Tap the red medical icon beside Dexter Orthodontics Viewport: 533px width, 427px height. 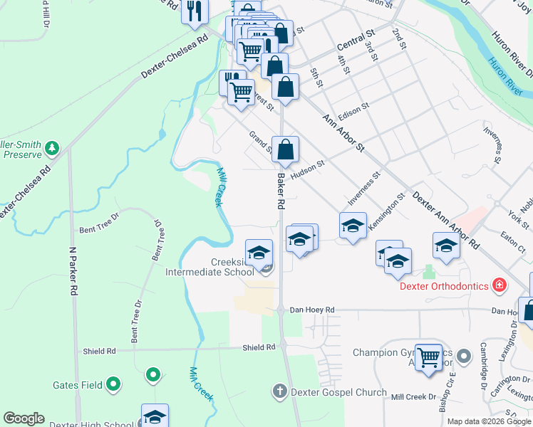500,285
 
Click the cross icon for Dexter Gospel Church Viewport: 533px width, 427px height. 279,391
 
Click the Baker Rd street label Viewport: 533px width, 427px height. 281,193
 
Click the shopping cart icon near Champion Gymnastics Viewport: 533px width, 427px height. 428,357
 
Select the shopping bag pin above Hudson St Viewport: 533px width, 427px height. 285,150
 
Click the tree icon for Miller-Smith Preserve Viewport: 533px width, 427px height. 51,148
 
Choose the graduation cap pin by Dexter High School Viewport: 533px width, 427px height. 154,418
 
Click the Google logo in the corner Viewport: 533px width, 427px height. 24,418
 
